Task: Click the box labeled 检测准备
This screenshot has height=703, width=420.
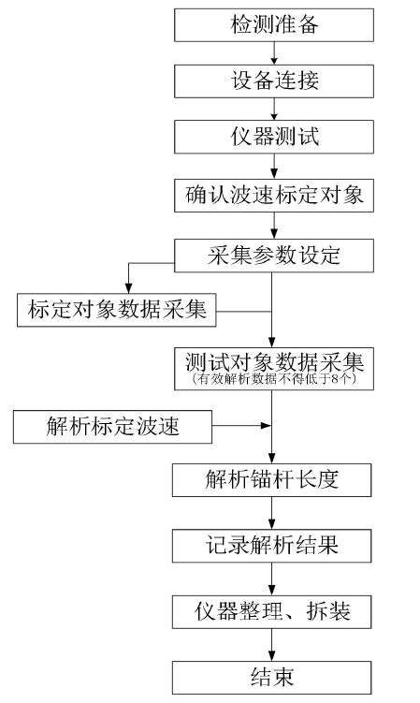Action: pos(274,25)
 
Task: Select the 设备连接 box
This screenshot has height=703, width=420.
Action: pos(274,81)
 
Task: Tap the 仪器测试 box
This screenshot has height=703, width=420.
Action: pos(274,137)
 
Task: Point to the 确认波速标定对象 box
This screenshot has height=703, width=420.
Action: pos(274,196)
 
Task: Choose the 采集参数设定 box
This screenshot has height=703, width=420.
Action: pos(274,256)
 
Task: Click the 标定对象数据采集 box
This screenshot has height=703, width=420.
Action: pos(117,310)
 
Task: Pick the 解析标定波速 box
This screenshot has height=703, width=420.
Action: pos(112,427)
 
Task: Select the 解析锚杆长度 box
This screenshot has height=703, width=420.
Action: pos(271,480)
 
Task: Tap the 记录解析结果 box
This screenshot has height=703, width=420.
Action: pos(271,546)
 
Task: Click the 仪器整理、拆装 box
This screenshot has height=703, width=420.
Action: pos(271,611)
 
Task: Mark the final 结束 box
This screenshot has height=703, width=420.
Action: pos(271,678)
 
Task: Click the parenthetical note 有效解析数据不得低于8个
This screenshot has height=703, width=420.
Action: pos(274,379)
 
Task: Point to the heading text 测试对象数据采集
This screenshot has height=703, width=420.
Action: pos(274,361)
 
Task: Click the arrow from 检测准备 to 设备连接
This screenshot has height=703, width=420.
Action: pos(274,53)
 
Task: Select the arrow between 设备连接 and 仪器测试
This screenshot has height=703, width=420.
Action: pos(274,109)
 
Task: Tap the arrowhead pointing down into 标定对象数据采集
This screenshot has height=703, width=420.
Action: pos(129,288)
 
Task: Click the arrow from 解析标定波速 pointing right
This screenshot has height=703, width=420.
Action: pos(241,425)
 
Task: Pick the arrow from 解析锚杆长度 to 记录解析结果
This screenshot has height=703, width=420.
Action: pos(271,513)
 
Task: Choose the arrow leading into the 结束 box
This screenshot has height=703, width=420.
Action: pos(271,645)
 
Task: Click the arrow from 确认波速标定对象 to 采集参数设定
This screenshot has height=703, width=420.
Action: pos(274,226)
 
